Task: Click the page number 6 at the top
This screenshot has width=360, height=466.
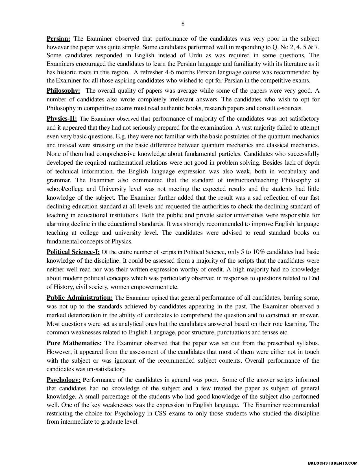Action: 183,24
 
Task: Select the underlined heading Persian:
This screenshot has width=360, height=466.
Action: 58,39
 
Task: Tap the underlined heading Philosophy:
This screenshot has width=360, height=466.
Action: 63,91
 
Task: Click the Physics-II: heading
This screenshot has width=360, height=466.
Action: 62,119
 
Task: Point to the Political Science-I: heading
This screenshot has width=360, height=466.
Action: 73,252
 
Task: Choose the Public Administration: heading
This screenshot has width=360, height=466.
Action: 80,298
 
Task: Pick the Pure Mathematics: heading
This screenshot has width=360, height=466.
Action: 74,343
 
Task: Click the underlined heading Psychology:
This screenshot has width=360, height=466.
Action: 64,380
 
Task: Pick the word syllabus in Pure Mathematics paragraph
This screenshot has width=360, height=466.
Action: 307,343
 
